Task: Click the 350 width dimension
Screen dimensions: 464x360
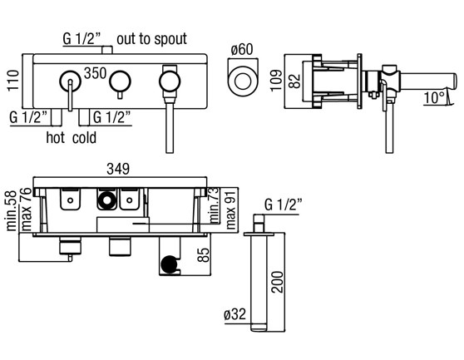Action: tap(95, 73)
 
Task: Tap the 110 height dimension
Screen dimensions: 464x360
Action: tap(13, 81)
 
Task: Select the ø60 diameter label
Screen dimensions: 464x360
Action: tap(242, 49)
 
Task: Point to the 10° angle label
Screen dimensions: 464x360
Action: tap(434, 98)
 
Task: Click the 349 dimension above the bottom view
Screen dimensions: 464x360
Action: tap(118, 169)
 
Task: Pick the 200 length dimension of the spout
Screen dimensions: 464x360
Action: tap(277, 282)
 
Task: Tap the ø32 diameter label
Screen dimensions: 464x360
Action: tap(235, 314)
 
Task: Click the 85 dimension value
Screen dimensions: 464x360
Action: tap(203, 254)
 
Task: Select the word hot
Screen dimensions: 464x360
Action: tap(56, 137)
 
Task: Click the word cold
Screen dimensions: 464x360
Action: tap(84, 137)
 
